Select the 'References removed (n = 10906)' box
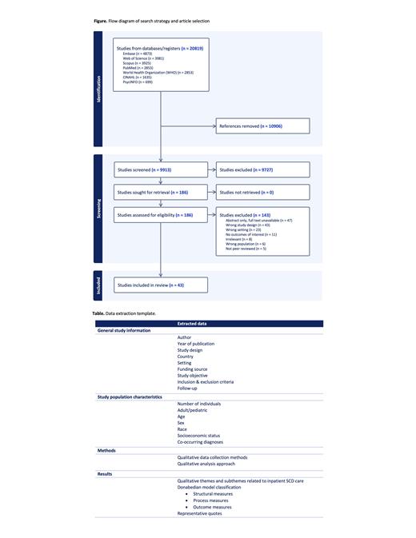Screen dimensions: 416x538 pyautogui.click(x=261, y=126)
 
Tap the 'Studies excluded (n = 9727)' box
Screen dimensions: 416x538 pyautogui.click(x=261, y=169)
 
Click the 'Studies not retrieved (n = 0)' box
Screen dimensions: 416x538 pyautogui.click(x=261, y=191)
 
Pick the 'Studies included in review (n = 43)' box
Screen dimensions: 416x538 pyautogui.click(x=161, y=285)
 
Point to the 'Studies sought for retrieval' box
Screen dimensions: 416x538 pyautogui.click(x=161, y=191)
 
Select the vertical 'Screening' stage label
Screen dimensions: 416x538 pyautogui.click(x=100, y=208)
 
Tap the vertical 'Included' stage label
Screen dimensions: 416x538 pyautogui.click(x=100, y=285)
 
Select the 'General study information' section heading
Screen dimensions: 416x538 pyautogui.click(x=124, y=330)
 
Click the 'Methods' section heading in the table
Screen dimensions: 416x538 pyautogui.click(x=106, y=450)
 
